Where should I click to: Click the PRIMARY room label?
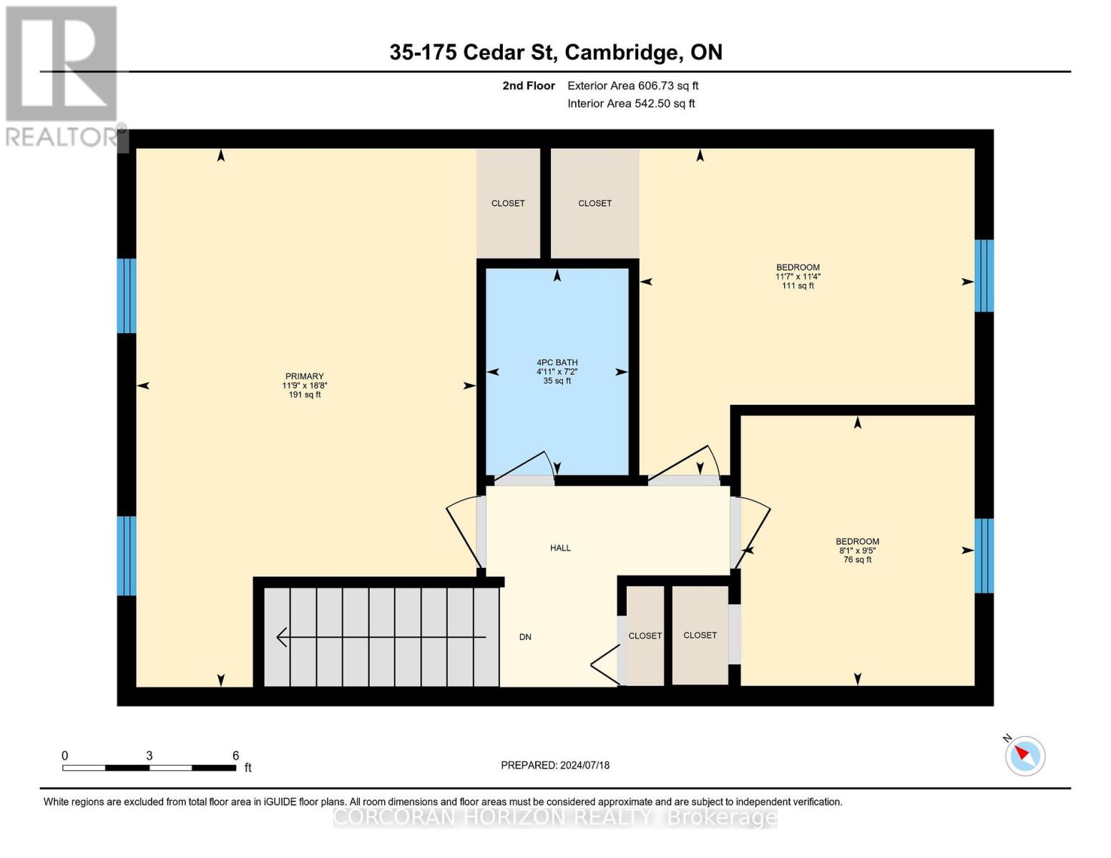[x=304, y=376]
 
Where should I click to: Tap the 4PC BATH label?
[x=557, y=363]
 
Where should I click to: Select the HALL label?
[x=560, y=548]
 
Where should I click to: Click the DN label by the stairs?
[x=525, y=637]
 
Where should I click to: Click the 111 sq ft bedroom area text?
[x=798, y=286]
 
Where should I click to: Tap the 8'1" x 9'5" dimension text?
[x=857, y=551]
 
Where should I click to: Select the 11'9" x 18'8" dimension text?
[x=304, y=385]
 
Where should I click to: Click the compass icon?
[x=1024, y=755]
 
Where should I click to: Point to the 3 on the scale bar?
[x=149, y=756]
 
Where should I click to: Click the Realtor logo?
[x=63, y=76]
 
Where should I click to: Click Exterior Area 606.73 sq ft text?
[x=632, y=86]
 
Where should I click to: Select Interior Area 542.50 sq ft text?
[x=631, y=104]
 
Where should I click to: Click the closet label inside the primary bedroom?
[x=508, y=203]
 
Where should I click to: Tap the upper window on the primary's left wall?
[x=126, y=295]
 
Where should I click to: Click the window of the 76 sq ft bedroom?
[x=984, y=555]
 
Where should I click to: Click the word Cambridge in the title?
[x=632, y=52]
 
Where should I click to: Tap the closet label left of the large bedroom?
[x=594, y=203]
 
